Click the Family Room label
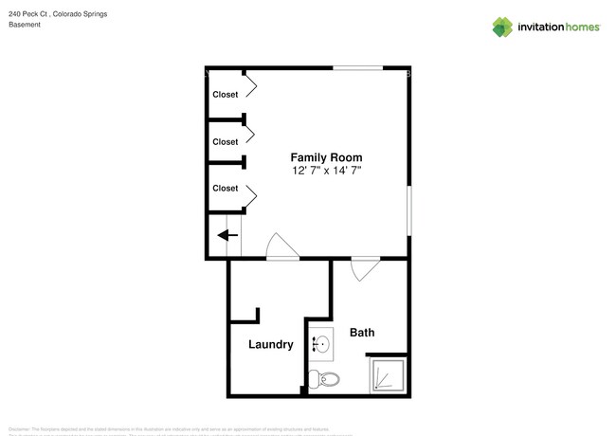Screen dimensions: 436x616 [326, 157]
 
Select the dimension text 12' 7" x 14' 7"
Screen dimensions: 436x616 [326, 170]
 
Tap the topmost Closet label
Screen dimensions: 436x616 [225, 94]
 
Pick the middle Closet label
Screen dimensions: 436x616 [225, 141]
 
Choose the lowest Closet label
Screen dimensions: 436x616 [225, 188]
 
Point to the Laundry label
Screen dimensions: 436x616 [270, 344]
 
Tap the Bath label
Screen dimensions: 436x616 [362, 333]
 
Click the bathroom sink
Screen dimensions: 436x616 [320, 343]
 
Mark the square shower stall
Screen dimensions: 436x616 [389, 376]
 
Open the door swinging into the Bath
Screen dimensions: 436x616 [363, 269]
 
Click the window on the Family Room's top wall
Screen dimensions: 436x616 [357, 68]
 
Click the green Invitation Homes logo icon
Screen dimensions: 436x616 [502, 27]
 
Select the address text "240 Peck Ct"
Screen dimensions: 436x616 [27, 14]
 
